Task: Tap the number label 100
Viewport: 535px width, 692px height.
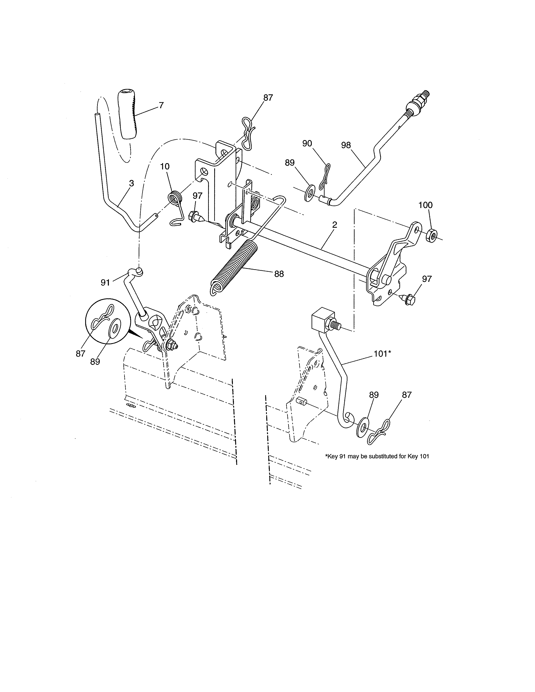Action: point(425,205)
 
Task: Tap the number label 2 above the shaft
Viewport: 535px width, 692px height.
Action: point(334,225)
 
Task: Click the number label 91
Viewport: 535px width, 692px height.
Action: point(105,283)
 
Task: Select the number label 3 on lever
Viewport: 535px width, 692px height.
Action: point(131,183)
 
